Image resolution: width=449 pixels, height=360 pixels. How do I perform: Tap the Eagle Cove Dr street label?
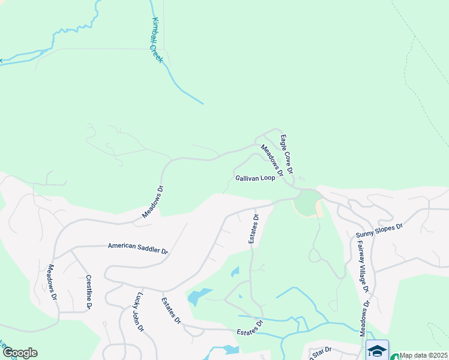tap(286, 155)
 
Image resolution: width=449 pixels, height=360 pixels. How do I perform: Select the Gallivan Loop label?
tap(255, 178)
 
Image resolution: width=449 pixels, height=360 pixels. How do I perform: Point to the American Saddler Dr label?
tap(137, 248)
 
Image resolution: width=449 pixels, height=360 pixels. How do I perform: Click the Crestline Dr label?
tap(88, 292)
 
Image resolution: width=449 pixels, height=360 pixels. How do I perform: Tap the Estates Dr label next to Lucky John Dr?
tap(170, 310)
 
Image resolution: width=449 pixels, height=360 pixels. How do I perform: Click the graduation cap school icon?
tap(377, 350)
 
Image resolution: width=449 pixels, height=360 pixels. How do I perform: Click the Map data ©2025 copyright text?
tap(423, 355)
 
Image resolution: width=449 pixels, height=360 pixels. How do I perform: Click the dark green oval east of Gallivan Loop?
tap(306, 202)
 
